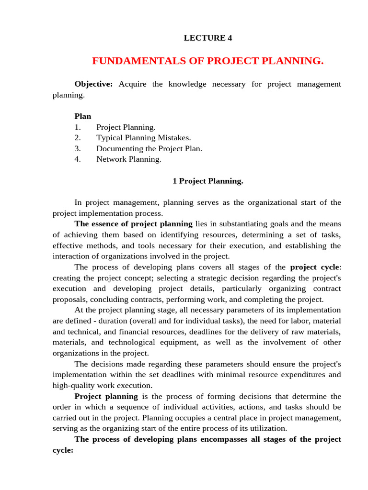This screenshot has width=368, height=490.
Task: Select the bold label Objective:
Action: pyautogui.click(x=93, y=84)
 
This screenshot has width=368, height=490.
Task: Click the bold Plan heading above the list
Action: pyautogui.click(x=82, y=116)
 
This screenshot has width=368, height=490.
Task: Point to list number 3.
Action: pyautogui.click(x=78, y=148)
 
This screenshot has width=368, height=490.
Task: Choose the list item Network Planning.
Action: pyautogui.click(x=128, y=159)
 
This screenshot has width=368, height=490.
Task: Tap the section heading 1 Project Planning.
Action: pyautogui.click(x=207, y=181)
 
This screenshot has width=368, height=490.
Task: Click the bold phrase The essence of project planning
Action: pyautogui.click(x=133, y=224)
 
